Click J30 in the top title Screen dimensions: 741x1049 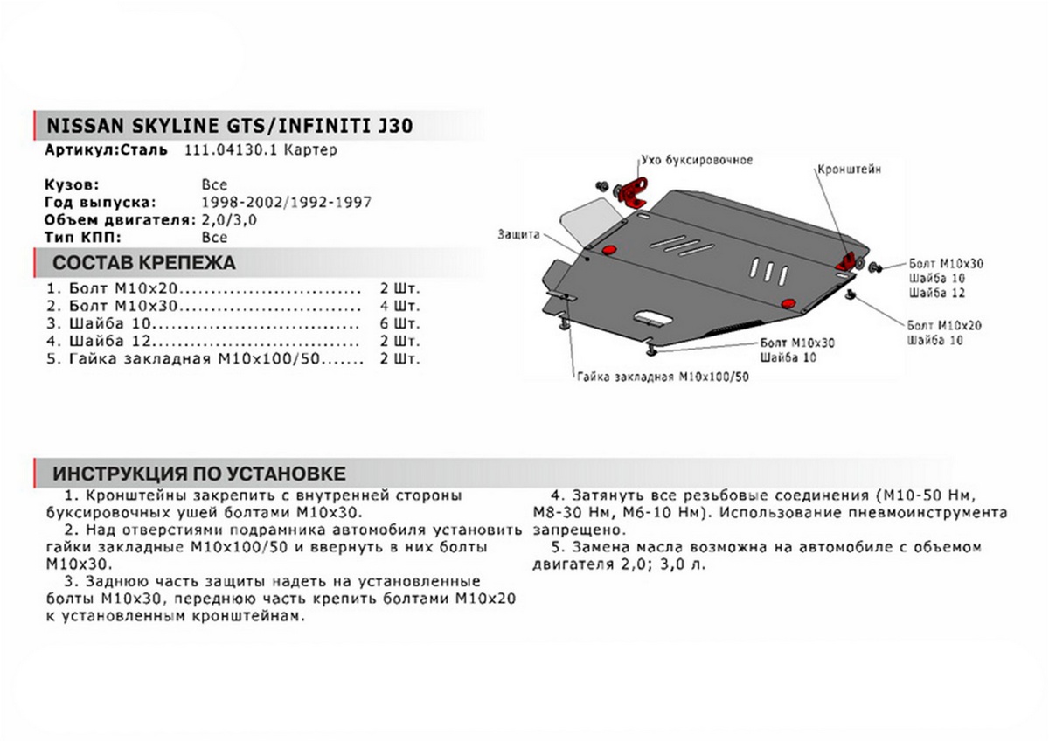[395, 125]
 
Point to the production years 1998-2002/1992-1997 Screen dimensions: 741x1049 [286, 202]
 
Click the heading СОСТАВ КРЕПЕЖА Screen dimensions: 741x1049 [143, 263]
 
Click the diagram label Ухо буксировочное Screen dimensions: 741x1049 [696, 161]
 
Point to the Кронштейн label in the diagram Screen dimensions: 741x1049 [849, 170]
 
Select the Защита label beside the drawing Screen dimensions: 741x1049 [519, 234]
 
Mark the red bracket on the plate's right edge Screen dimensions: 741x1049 [849, 260]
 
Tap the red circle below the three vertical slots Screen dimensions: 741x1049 [788, 302]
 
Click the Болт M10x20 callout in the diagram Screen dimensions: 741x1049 [945, 325]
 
